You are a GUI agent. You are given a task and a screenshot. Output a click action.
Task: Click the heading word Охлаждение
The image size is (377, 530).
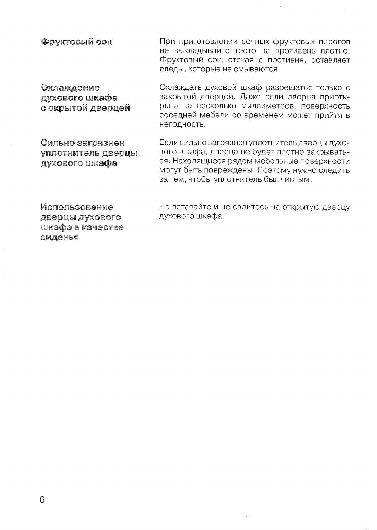pos(70,87)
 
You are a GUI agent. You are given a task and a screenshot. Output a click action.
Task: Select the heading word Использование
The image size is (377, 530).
pos(77,207)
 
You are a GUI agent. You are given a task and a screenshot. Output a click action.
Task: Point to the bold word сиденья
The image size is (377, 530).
pos(59,238)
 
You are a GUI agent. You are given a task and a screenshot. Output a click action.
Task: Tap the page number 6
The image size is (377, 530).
pos(42,499)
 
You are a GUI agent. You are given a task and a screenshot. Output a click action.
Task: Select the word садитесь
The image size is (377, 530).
pos(244,207)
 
